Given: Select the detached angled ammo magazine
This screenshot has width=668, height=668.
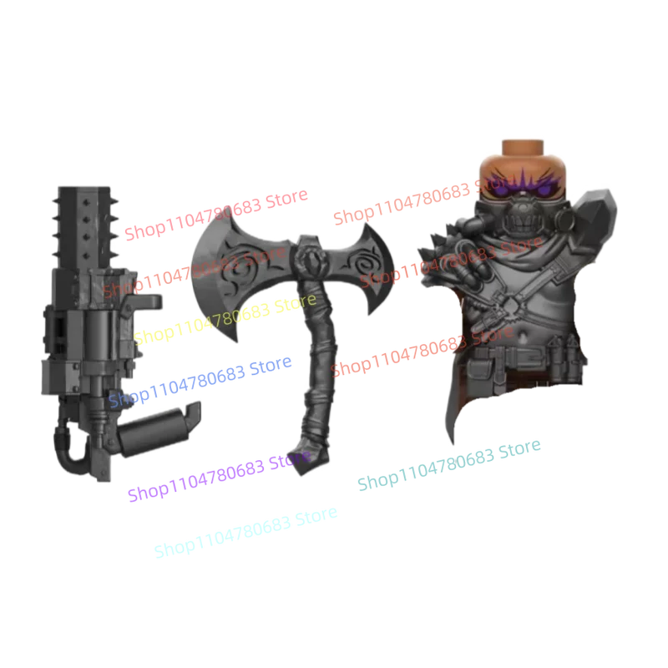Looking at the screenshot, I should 159,422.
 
